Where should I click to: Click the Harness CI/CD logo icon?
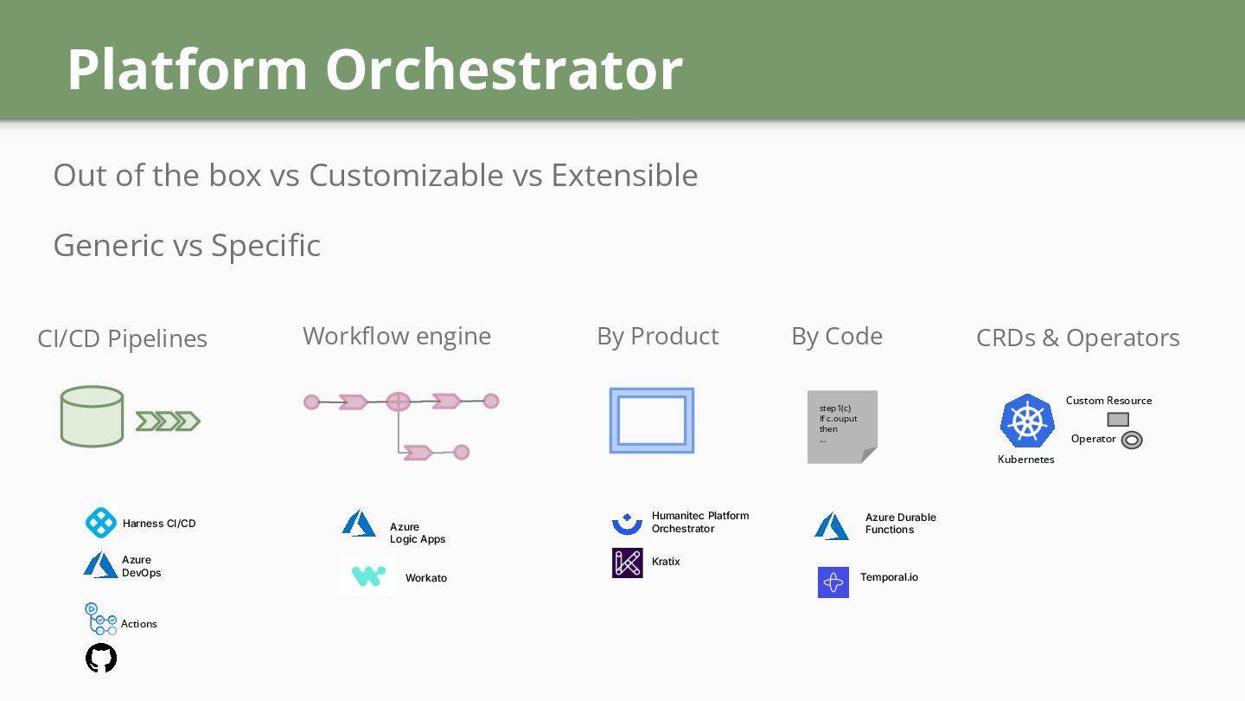coord(101,523)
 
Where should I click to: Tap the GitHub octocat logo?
coord(101,658)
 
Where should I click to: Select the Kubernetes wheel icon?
coord(1027,421)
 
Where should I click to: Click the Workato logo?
coord(368,576)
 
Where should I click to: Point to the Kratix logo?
coord(628,563)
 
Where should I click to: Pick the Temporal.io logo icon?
coord(833,582)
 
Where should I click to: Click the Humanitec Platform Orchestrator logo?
coord(627,523)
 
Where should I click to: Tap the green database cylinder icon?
coord(92,416)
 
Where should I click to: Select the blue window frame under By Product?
coord(652,421)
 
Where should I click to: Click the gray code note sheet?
coord(842,427)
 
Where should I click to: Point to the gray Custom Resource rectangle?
coord(1118,420)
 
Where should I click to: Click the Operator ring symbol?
coord(1132,441)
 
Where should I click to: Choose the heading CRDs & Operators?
coord(1077,338)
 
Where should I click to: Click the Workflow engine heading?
coord(397,336)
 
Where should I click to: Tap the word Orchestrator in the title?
coord(504,69)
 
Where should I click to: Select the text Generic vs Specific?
coord(187,246)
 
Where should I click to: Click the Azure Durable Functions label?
coord(900,524)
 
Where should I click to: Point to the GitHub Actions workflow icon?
coord(100,619)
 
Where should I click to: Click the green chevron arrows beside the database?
coord(168,421)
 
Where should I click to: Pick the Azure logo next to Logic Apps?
coord(359,524)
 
